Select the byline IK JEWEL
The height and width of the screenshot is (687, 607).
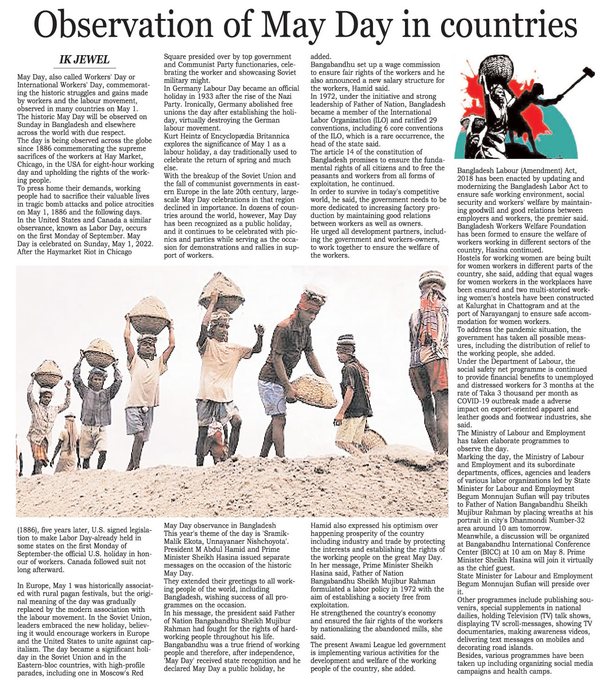pos(84,59)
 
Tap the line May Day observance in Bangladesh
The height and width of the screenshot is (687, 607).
pos(220,526)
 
